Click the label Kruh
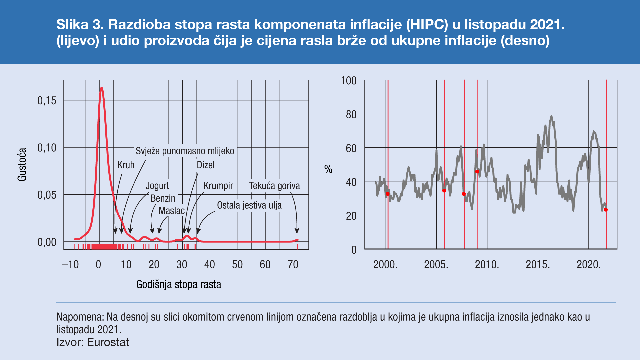tap(126, 165)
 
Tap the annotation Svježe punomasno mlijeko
tap(185, 151)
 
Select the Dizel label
tap(205, 165)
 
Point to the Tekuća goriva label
tap(274, 186)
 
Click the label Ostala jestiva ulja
tap(249, 205)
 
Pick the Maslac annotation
tap(171, 211)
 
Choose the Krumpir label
tap(218, 186)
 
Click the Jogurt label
tap(157, 186)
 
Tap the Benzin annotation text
tap(163, 198)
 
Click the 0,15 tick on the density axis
tap(47, 101)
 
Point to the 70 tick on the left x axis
tap(293, 265)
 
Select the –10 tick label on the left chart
tap(70, 265)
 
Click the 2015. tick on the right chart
tap(538, 265)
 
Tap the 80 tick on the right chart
tap(351, 115)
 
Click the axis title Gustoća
tap(22, 165)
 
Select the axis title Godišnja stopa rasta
tap(179, 285)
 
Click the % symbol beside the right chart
tap(328, 169)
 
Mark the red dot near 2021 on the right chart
tap(606, 210)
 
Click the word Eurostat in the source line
tap(108, 342)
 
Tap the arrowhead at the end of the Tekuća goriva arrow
tap(297, 231)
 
